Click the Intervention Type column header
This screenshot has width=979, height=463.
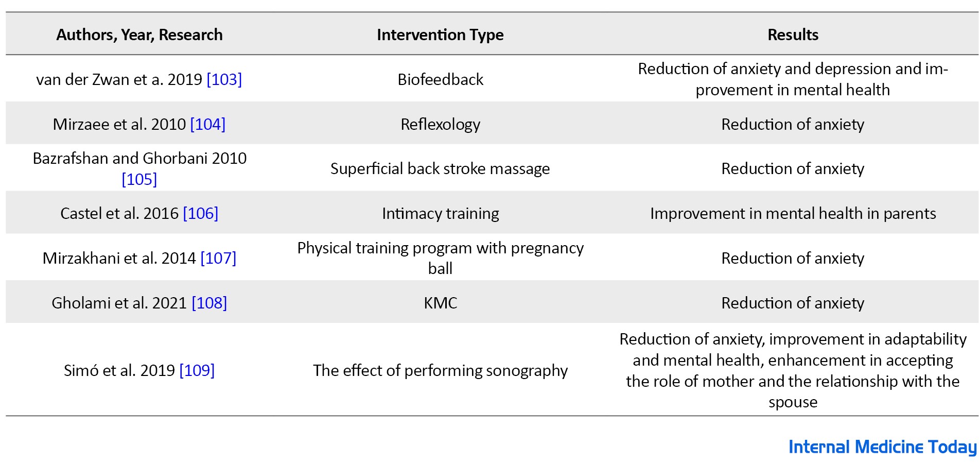pos(440,35)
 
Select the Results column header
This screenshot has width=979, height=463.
pos(793,35)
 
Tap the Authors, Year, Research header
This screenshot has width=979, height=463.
pos(139,35)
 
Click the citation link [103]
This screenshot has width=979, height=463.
pos(224,79)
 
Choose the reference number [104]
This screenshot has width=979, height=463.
pos(208,124)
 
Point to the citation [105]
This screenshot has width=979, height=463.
pos(139,179)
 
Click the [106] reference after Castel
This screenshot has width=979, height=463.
pos(201,213)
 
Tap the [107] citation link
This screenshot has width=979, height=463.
pos(218,258)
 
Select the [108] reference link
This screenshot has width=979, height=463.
pos(209,303)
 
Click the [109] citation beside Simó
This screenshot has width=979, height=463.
pos(197,370)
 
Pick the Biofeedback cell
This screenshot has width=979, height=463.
pos(440,79)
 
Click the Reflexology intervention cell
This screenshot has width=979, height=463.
pos(440,125)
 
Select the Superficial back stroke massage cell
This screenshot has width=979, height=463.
pos(440,169)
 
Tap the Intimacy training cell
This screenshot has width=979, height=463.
pos(440,214)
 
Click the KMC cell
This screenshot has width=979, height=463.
pos(440,303)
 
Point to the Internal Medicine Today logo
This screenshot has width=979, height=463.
pos(882,447)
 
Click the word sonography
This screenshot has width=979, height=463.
pos(527,371)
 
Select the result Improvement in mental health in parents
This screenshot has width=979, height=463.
pos(793,214)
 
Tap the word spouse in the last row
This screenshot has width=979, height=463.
pos(793,402)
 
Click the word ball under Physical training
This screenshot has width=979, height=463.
pos(440,268)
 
